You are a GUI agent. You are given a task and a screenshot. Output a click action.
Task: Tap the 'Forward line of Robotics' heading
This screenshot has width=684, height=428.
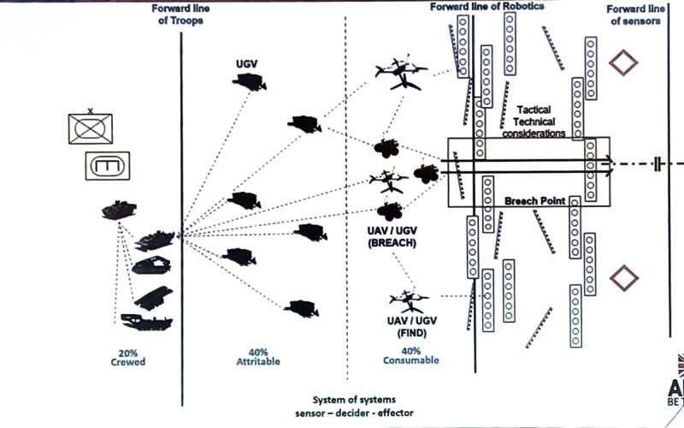pyautogui.click(x=488, y=6)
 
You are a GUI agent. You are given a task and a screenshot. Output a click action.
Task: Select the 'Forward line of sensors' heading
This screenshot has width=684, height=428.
pyautogui.click(x=634, y=15)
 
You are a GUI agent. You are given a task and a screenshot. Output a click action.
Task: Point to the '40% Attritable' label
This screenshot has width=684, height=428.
pyautogui.click(x=259, y=356)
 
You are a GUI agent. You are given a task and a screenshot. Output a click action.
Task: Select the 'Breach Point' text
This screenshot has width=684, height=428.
pyautogui.click(x=533, y=200)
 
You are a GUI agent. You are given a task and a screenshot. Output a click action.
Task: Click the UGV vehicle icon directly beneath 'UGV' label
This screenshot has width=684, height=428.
pyautogui.click(x=249, y=81)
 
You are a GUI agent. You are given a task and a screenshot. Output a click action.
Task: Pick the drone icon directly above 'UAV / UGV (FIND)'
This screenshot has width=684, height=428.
pyautogui.click(x=406, y=300)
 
